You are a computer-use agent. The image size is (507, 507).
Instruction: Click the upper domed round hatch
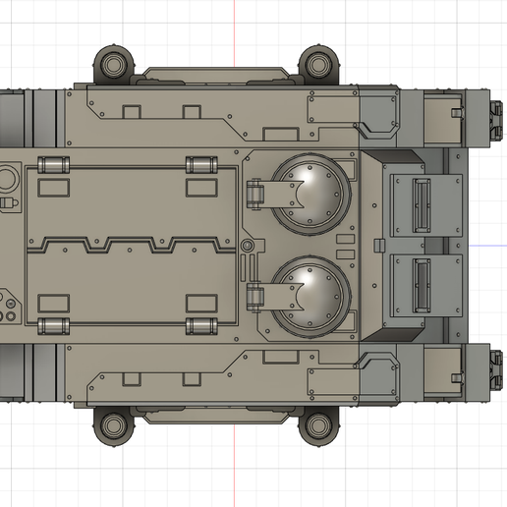(310, 190)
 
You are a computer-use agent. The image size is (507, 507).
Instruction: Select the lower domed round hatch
(310, 292)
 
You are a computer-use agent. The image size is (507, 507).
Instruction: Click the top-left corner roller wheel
(116, 64)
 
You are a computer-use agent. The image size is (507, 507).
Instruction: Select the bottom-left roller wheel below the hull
(114, 424)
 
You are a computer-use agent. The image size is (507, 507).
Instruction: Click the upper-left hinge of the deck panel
(54, 164)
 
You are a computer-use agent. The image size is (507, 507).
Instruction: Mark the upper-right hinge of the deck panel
(198, 164)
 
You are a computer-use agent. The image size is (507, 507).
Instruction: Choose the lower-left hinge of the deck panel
(54, 325)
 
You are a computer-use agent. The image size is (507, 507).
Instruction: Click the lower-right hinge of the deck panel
(198, 325)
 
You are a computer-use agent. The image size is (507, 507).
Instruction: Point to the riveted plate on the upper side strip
(332, 111)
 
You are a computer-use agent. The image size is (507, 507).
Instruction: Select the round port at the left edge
(5, 179)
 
